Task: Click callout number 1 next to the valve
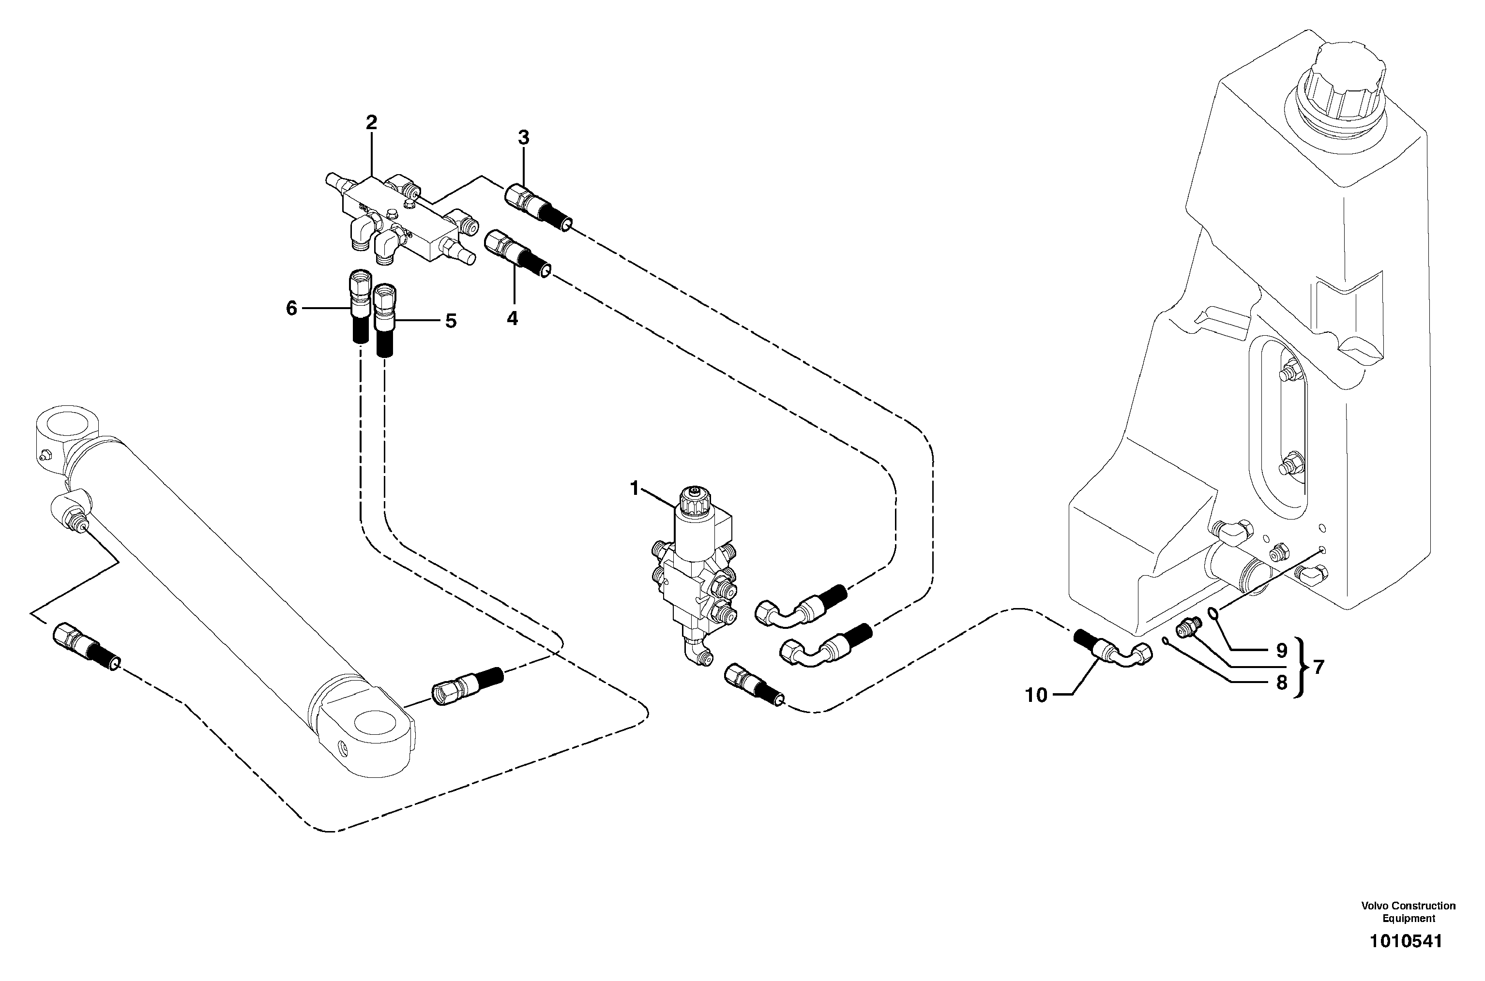pyautogui.click(x=634, y=488)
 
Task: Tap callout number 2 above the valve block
pyautogui.click(x=371, y=123)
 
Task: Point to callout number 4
pyautogui.click(x=512, y=318)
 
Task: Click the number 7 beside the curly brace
pyautogui.click(x=1318, y=668)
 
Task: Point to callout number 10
pyautogui.click(x=1037, y=695)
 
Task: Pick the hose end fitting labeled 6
pyautogui.click(x=359, y=307)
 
